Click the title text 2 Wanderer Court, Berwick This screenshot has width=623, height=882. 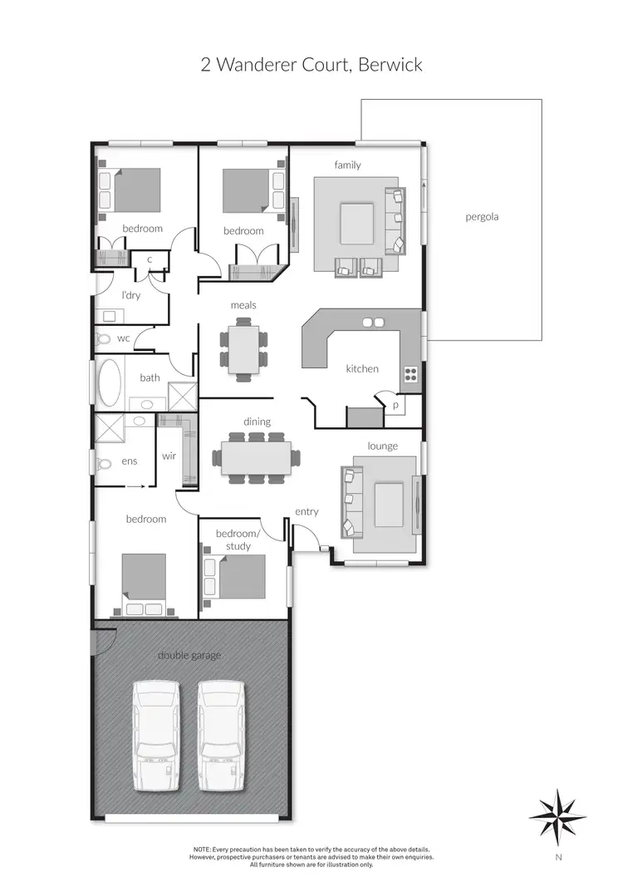(x=311, y=65)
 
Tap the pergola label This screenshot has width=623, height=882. (x=482, y=217)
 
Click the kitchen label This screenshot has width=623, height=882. (x=362, y=368)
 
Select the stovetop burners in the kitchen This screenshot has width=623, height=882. (x=410, y=374)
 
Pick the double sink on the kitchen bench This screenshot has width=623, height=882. (x=373, y=322)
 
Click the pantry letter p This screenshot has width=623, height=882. (x=395, y=404)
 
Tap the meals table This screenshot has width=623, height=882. (x=244, y=349)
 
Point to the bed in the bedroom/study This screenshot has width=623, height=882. (x=241, y=575)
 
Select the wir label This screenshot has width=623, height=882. (x=169, y=456)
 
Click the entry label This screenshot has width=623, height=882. (x=307, y=511)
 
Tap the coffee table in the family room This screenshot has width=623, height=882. (x=356, y=224)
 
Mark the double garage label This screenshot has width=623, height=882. (x=189, y=655)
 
